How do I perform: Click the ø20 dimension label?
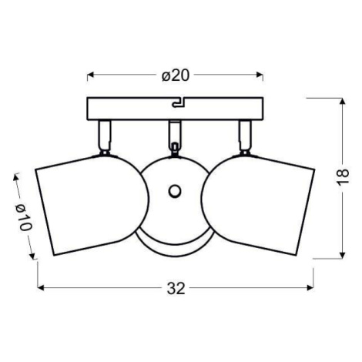click(x=176, y=75)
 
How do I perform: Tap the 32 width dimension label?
click(x=176, y=288)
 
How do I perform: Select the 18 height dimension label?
click(x=343, y=176)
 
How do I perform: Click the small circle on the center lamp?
click(x=175, y=191)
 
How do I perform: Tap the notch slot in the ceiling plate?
click(x=179, y=102)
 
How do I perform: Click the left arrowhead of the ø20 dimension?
click(x=89, y=75)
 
